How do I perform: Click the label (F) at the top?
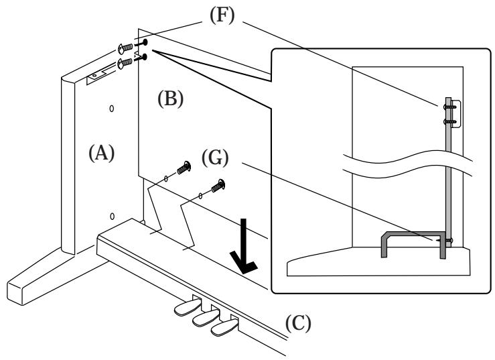(x=222, y=15)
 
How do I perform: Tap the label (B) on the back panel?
(x=171, y=99)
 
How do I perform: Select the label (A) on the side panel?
(x=101, y=153)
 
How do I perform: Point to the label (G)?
(x=215, y=158)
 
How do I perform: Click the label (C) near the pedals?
(x=298, y=323)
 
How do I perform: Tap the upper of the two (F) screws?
(x=125, y=48)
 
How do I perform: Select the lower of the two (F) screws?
(x=125, y=62)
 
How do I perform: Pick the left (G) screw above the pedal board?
(x=184, y=167)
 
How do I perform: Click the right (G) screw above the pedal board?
(x=218, y=185)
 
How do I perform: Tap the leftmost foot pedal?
(x=188, y=306)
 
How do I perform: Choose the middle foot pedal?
(x=206, y=318)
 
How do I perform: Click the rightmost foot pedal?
(x=224, y=327)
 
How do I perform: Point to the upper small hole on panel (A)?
(x=111, y=109)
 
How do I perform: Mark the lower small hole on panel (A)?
(x=112, y=216)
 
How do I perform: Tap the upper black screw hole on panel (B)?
(x=145, y=42)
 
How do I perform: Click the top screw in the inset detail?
(x=450, y=107)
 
